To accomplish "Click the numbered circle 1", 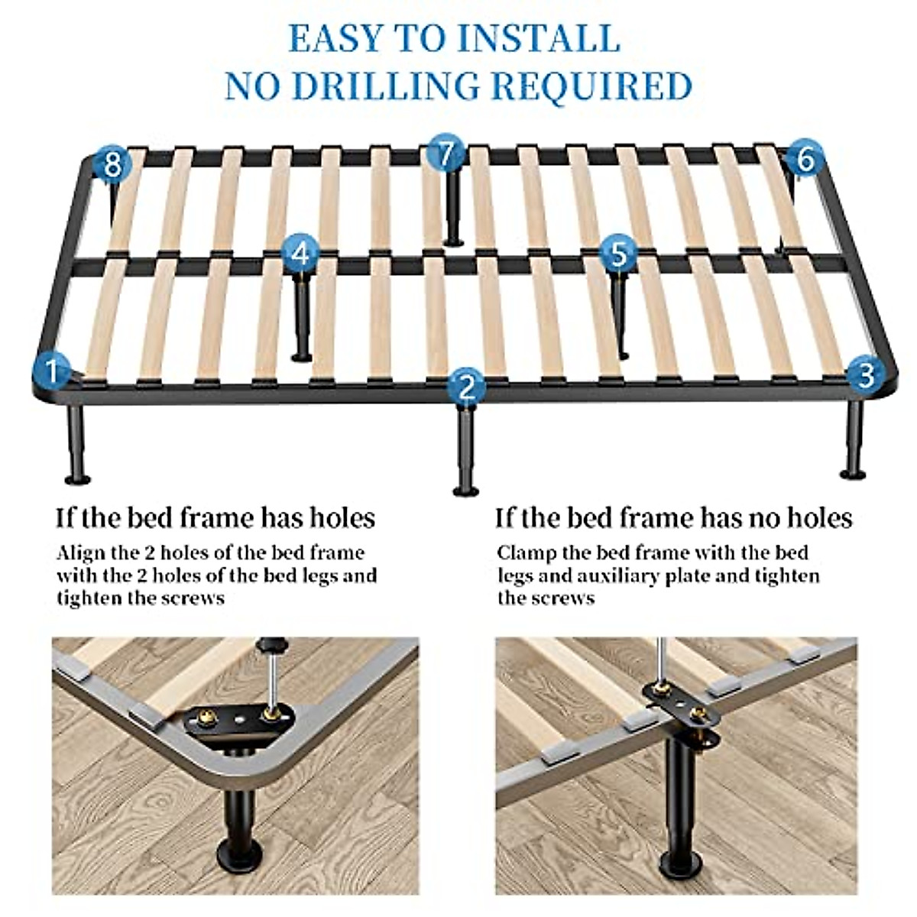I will (x=51, y=372).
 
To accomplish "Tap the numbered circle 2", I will (x=467, y=387).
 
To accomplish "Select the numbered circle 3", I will (x=866, y=374).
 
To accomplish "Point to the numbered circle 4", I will (x=302, y=253).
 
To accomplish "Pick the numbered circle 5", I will (x=619, y=253).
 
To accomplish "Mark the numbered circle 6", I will (x=805, y=160).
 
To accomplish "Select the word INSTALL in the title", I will (x=540, y=38).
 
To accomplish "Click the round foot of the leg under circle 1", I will (x=77, y=479).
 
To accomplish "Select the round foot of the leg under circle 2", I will (x=465, y=491).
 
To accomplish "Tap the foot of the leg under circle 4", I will (x=302, y=356).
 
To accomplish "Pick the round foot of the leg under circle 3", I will (x=853, y=475).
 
